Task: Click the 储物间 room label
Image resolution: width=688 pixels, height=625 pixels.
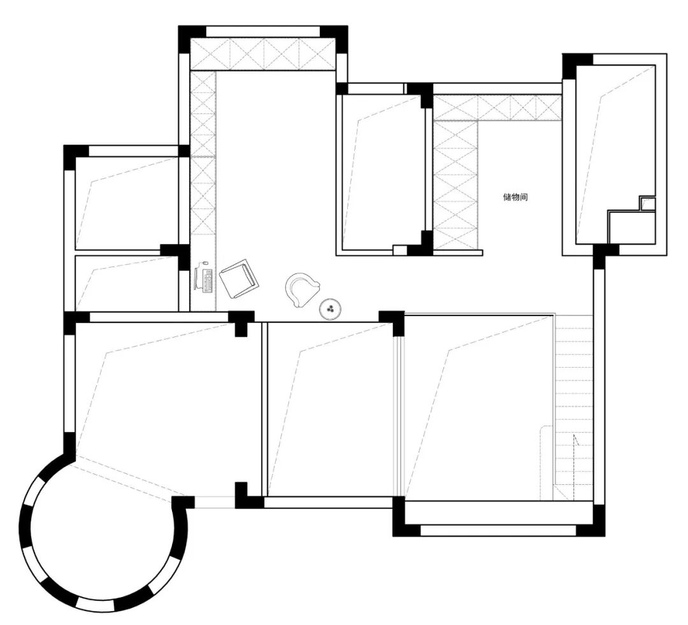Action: [x=515, y=197]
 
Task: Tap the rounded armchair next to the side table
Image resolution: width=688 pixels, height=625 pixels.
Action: [x=302, y=289]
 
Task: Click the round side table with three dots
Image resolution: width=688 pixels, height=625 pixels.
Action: [x=331, y=308]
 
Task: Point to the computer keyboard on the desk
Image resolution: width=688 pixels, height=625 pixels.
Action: [x=208, y=280]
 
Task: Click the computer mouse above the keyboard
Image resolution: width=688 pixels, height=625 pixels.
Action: [x=204, y=263]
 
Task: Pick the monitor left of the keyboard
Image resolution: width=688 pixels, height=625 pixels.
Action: [x=197, y=278]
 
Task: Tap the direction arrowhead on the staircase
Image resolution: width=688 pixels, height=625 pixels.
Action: [x=575, y=440]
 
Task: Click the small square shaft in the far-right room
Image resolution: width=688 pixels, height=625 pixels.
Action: [x=647, y=204]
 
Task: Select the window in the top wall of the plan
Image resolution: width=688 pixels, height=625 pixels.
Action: [x=263, y=32]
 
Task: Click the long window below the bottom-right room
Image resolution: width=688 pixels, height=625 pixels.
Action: [x=498, y=530]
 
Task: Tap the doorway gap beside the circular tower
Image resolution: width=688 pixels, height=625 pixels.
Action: [x=215, y=503]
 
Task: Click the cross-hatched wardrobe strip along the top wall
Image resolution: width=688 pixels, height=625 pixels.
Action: [x=262, y=54]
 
